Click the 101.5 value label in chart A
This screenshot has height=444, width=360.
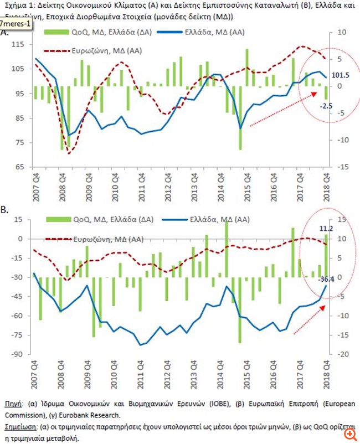(x=341, y=75)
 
